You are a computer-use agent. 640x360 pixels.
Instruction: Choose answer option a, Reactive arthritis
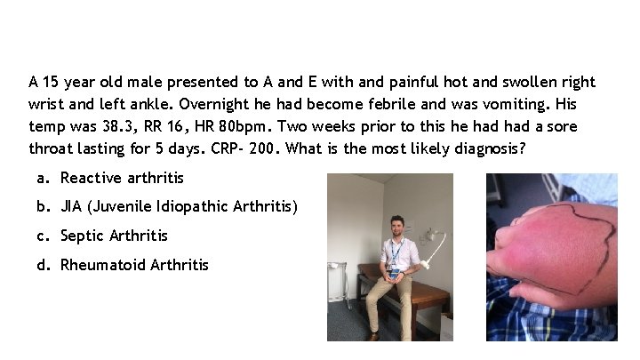pos(122,178)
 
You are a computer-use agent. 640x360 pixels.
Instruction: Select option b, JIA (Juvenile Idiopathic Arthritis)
pos(179,207)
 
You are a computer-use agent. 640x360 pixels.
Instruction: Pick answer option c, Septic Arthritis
pos(114,236)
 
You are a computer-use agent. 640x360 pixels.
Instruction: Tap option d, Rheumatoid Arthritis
pos(134,264)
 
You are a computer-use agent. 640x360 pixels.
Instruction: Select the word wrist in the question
pos(47,104)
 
